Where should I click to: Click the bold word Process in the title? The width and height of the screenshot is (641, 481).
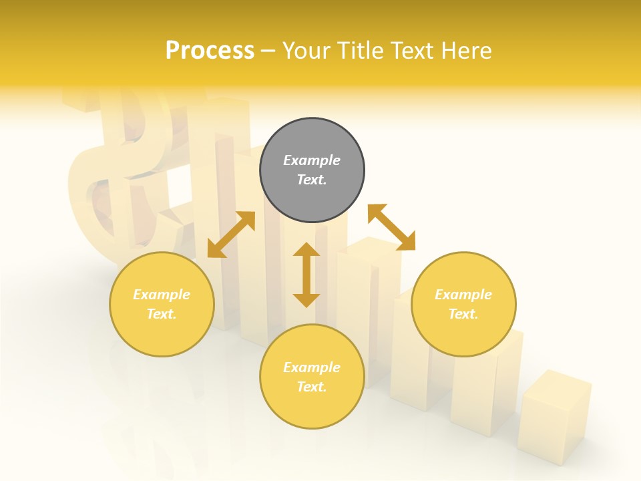(x=210, y=51)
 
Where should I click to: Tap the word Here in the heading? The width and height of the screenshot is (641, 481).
(x=465, y=51)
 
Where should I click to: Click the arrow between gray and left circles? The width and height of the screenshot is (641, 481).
(x=231, y=234)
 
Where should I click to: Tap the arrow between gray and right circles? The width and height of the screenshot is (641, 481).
(x=391, y=227)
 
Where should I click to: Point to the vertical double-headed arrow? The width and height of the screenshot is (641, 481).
(x=306, y=275)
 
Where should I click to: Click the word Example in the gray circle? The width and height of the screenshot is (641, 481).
(x=312, y=160)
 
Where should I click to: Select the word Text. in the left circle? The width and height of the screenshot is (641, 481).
(x=162, y=314)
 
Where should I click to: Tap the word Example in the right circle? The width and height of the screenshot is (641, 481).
(x=463, y=295)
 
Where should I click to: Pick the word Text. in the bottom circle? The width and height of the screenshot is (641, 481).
(x=312, y=387)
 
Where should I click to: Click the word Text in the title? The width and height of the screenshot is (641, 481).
(x=413, y=51)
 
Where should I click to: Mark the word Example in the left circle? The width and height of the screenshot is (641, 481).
(x=162, y=295)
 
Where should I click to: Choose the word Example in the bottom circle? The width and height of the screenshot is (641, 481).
(x=312, y=367)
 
